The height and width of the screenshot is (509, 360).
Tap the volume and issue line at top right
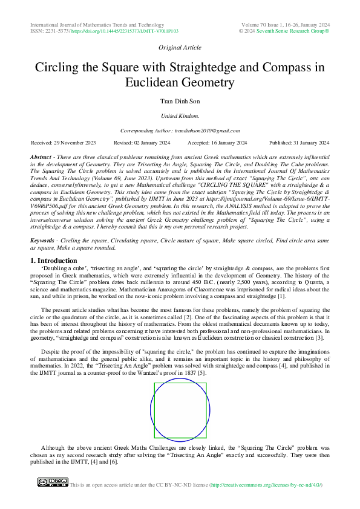click(x=284, y=24)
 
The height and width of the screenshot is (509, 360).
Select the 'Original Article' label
click(x=180, y=47)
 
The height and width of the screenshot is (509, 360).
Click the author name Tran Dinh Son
click(x=180, y=101)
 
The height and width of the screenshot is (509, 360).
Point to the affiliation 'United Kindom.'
click(x=180, y=115)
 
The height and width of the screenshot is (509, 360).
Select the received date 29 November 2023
click(x=64, y=143)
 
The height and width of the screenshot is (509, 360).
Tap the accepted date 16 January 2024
click(x=217, y=143)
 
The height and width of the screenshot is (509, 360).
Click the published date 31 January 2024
click(x=299, y=143)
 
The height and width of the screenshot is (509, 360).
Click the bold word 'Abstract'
click(x=41, y=157)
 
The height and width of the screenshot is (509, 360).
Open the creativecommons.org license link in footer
click(x=266, y=485)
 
